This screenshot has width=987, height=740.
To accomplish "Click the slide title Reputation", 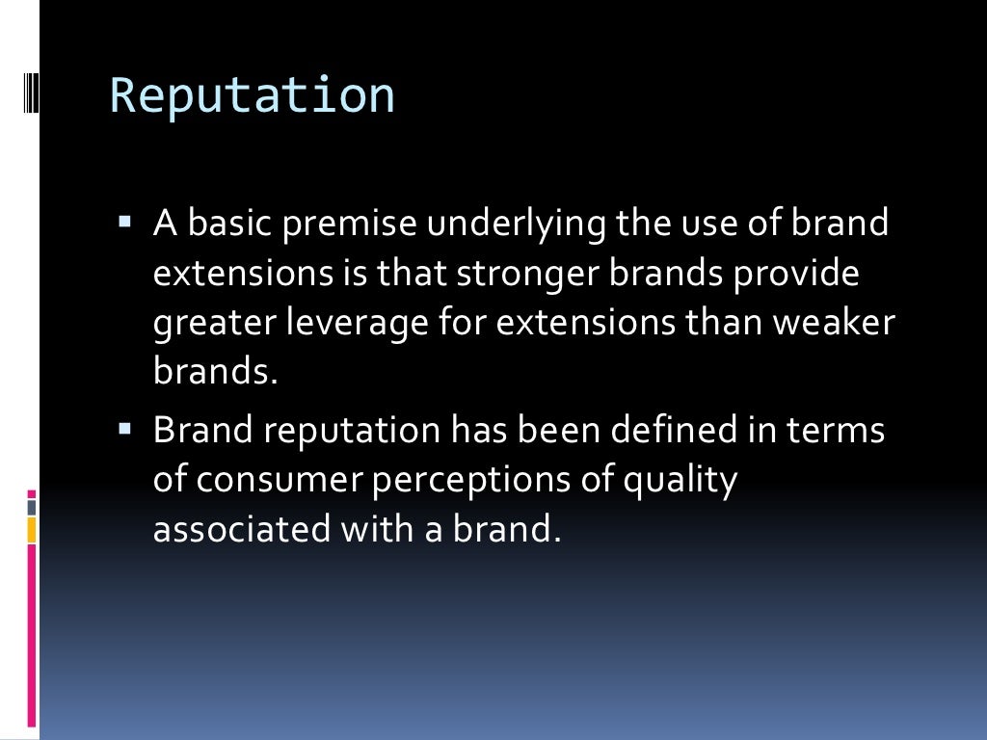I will (253, 96).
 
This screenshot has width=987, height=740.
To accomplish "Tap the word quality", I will (680, 480).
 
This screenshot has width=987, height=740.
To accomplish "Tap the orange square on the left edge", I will (32, 529).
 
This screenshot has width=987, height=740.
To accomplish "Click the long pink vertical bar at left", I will (32, 636).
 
